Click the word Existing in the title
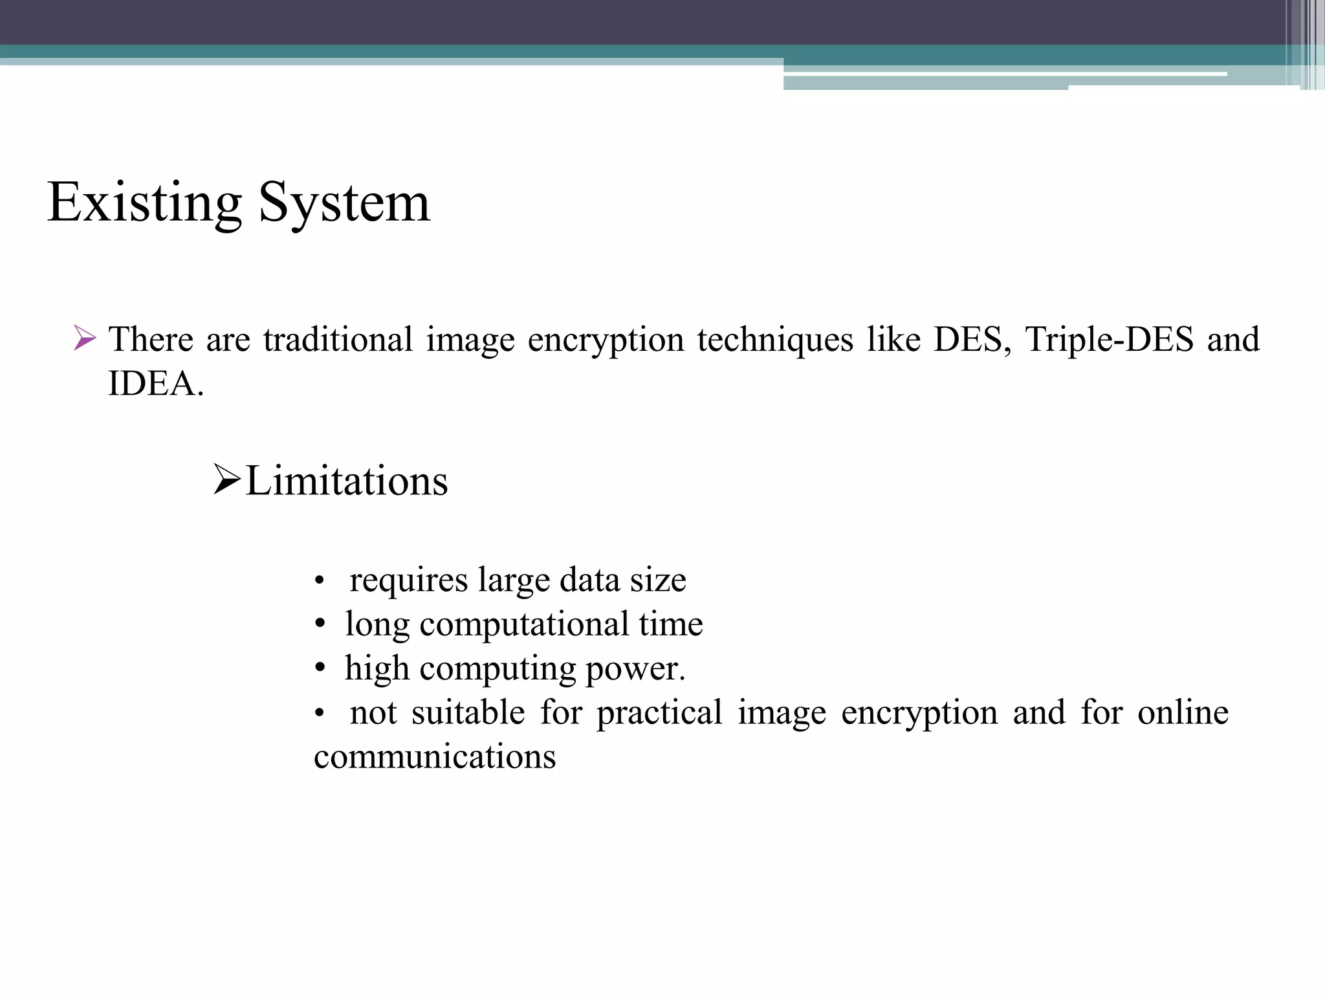144,203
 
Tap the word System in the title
344,203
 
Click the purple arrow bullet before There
85,338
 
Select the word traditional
338,339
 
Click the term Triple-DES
1109,339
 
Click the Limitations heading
347,481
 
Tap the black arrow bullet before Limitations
227,481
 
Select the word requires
408,580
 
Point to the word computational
524,624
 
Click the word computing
498,668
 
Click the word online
1183,712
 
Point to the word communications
435,757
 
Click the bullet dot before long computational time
319,625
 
